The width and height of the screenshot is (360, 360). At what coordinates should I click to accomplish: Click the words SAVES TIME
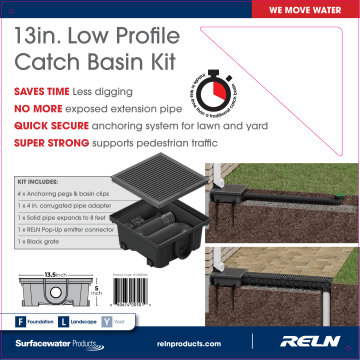coord(41,91)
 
